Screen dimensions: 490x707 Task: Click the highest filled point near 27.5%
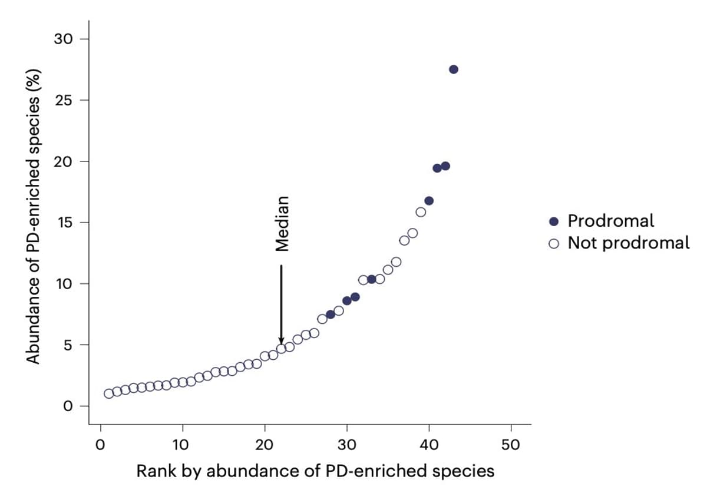pyautogui.click(x=453, y=69)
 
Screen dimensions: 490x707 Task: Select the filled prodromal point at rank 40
pyautogui.click(x=429, y=201)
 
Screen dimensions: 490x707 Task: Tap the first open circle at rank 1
pyautogui.click(x=109, y=393)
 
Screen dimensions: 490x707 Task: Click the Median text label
pyautogui.click(x=283, y=224)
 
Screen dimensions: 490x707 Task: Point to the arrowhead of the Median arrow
pyautogui.click(x=281, y=341)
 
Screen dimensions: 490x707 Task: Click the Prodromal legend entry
pyautogui.click(x=610, y=221)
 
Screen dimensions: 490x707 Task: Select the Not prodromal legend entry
pyautogui.click(x=627, y=243)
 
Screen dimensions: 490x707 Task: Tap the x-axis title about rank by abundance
pyautogui.click(x=315, y=471)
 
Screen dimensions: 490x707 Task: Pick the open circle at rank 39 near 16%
pyautogui.click(x=421, y=212)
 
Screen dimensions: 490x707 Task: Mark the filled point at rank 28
pyautogui.click(x=331, y=314)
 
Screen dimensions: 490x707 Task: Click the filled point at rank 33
pyautogui.click(x=371, y=279)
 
